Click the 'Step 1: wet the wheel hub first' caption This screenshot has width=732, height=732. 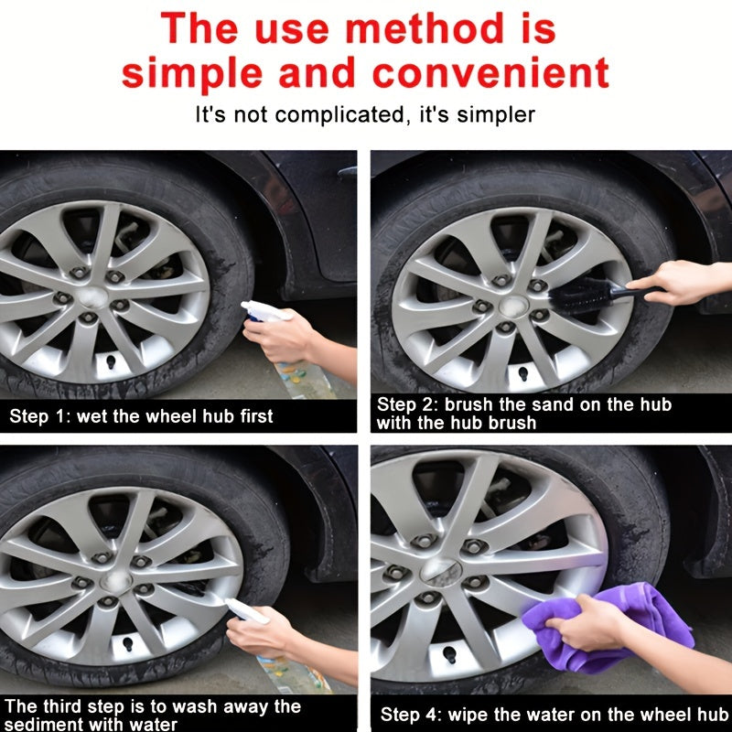coord(142,416)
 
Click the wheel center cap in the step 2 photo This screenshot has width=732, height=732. coord(511,305)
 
